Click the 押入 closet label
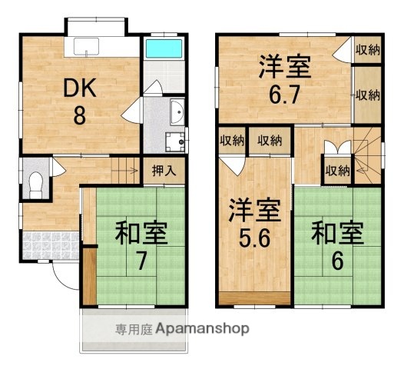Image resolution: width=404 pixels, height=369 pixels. [x=164, y=171]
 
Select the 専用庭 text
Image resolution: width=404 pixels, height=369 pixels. [x=134, y=328]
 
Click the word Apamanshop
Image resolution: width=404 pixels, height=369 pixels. [x=202, y=328]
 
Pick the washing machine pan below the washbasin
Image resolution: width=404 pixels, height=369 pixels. [x=177, y=141]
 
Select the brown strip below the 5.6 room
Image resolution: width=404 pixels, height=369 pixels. [x=254, y=298]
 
